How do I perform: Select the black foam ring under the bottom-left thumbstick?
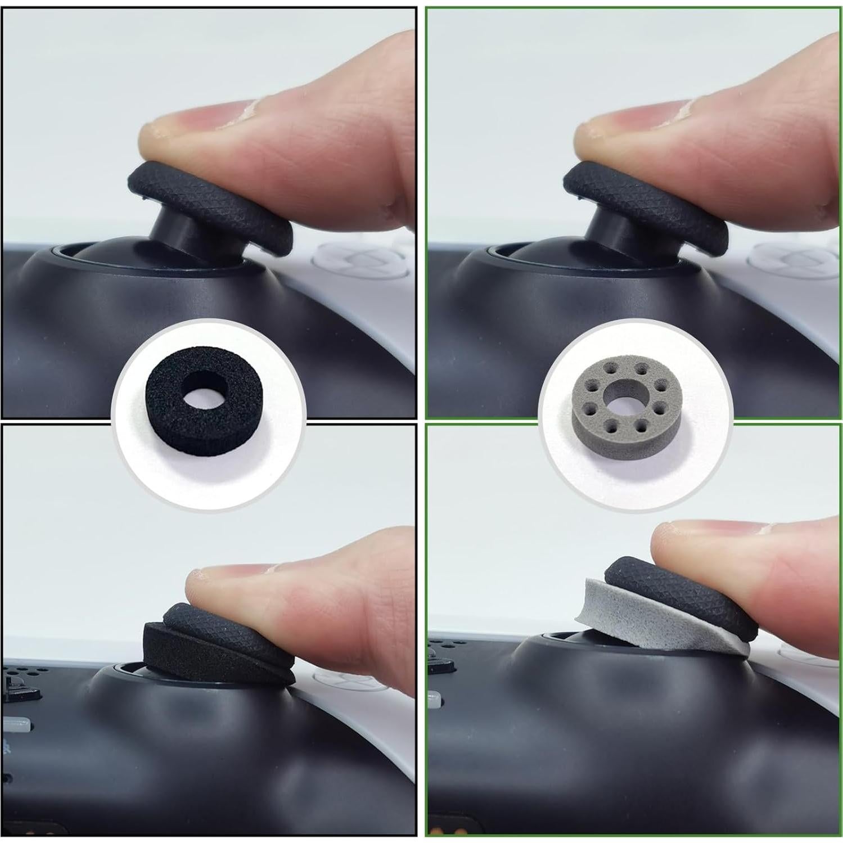pos(186,647)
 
